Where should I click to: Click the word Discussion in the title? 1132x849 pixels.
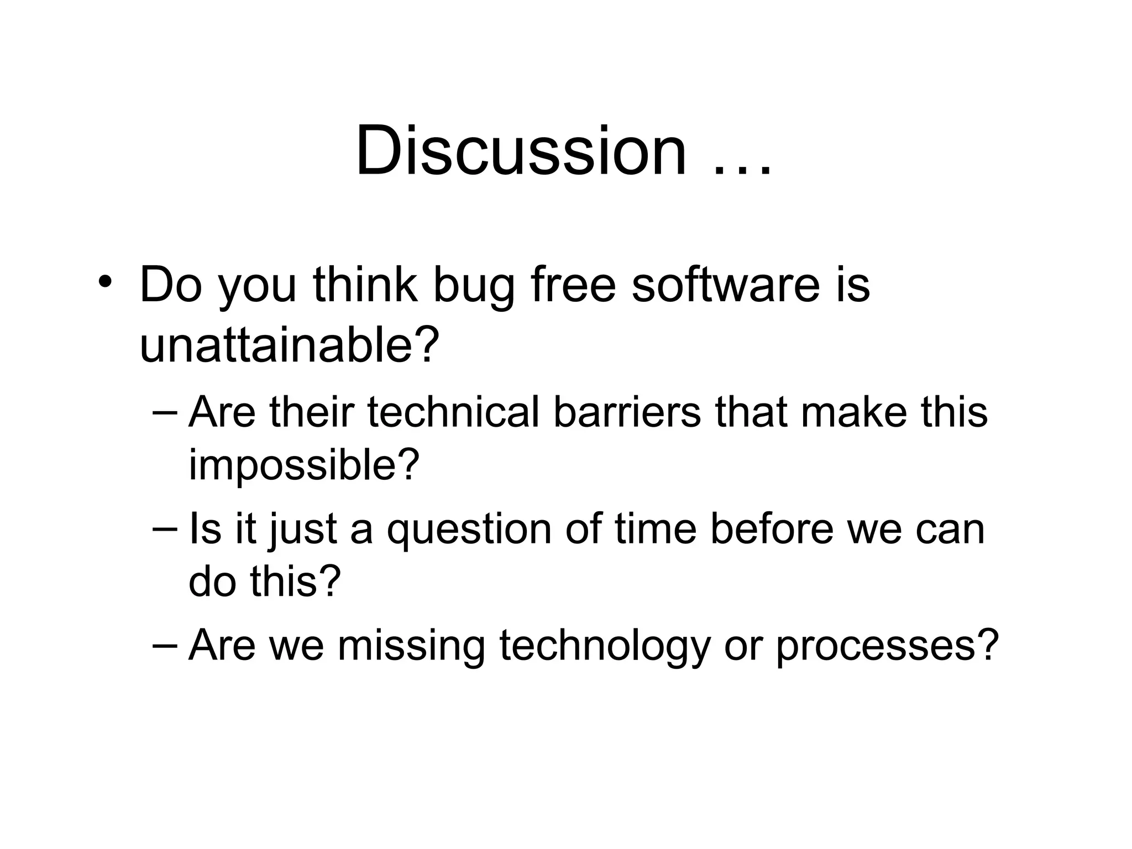[521, 150]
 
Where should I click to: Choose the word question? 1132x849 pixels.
[469, 530]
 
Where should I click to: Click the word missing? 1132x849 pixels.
[411, 646]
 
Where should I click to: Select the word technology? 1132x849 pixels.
[604, 646]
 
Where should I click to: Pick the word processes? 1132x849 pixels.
[887, 646]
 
